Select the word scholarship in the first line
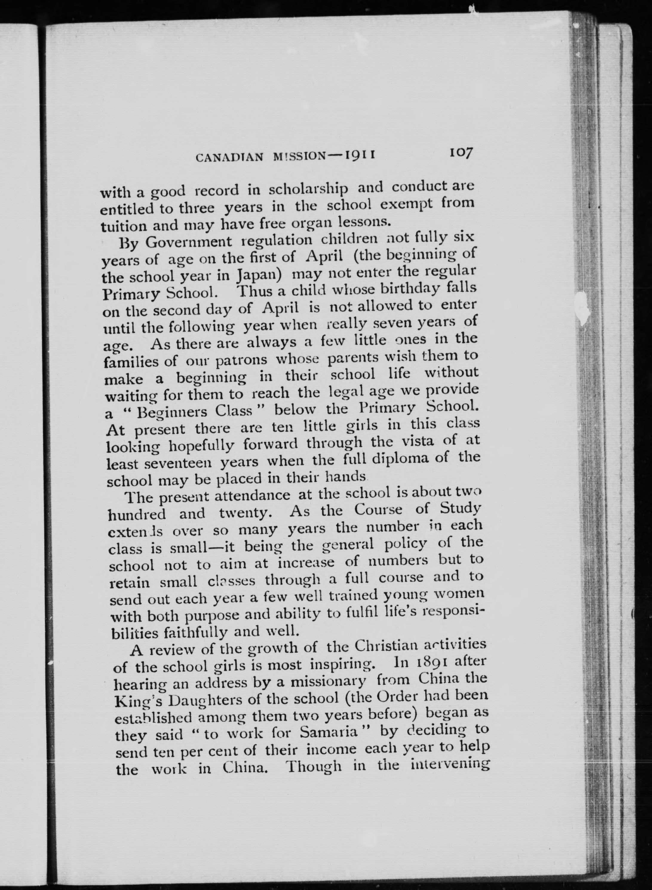(308, 189)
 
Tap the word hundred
(136, 514)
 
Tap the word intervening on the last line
(450, 766)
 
